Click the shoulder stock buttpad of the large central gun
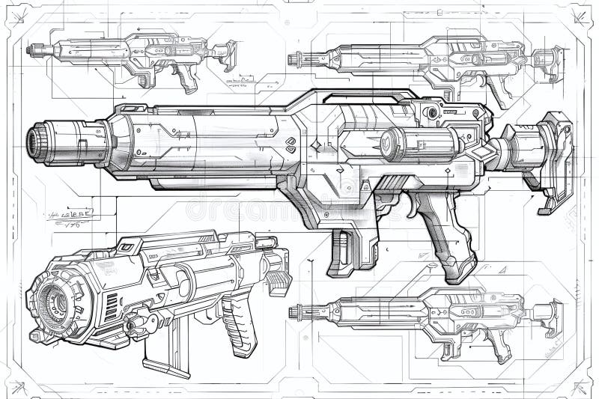pyautogui.click(x=558, y=160)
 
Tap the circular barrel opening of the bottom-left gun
pyautogui.click(x=55, y=299)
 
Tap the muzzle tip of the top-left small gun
pyautogui.click(x=31, y=50)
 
